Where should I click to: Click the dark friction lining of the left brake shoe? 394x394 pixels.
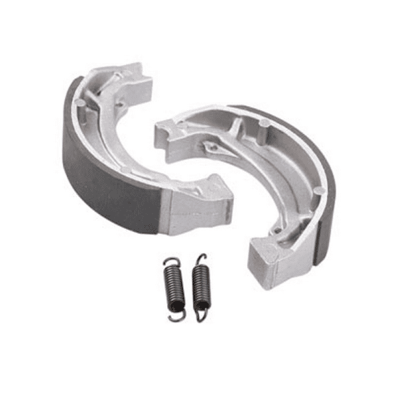[103, 178]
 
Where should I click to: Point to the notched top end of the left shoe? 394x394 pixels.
[127, 79]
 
